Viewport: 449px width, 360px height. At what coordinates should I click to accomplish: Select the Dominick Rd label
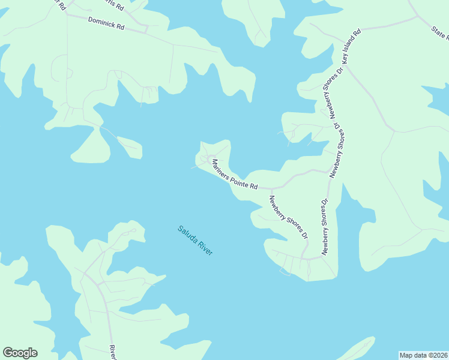(x=106, y=23)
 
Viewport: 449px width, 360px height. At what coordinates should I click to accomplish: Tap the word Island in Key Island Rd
(x=350, y=46)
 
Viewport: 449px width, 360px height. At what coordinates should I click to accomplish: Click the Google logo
(x=20, y=353)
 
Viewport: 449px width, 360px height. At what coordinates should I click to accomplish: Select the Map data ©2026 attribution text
(x=423, y=355)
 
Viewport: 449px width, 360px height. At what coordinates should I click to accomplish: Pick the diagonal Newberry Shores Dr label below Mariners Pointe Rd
(x=288, y=217)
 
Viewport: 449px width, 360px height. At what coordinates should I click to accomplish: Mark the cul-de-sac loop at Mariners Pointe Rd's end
(x=211, y=158)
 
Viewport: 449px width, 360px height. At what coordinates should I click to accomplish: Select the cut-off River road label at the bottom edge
(x=112, y=351)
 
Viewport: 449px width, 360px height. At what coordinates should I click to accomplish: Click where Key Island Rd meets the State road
(x=418, y=17)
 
